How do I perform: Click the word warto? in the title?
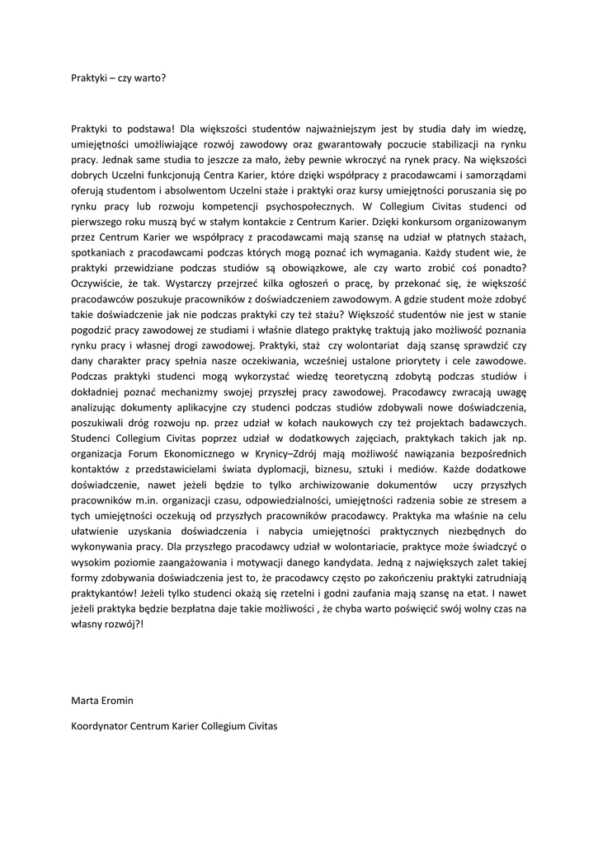149,79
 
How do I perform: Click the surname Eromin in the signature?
116,701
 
